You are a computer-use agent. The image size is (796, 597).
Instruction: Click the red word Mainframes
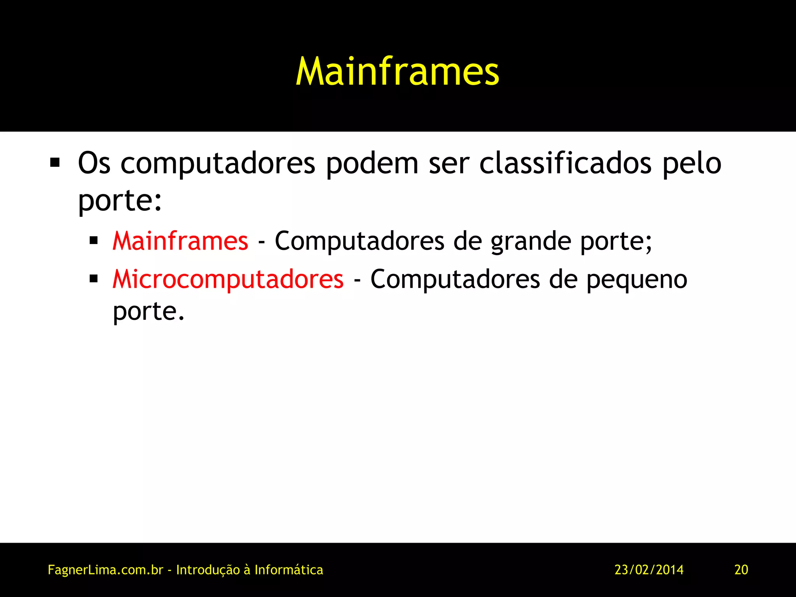[x=180, y=241]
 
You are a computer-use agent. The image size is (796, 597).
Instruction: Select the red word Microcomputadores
[x=228, y=279]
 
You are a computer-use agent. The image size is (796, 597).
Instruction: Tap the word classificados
[x=565, y=163]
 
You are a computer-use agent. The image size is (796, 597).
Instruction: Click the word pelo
[x=692, y=163]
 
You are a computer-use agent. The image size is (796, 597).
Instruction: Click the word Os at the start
[x=94, y=163]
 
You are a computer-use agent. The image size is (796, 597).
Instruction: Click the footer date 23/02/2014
[x=649, y=570]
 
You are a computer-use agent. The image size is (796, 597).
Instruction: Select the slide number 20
[x=741, y=570]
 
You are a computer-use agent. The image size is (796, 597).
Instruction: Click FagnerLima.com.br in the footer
[x=105, y=570]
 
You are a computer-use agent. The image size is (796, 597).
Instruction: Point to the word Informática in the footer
[x=289, y=570]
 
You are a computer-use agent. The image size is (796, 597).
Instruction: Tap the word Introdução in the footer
[x=208, y=570]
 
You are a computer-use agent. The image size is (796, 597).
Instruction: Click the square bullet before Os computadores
[x=55, y=162]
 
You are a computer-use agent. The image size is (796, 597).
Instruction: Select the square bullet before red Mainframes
[x=94, y=241]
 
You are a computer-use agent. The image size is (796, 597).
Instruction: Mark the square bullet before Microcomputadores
[x=94, y=279]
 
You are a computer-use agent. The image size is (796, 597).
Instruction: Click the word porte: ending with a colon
[x=120, y=201]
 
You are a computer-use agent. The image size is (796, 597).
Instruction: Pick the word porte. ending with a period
[x=148, y=312]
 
